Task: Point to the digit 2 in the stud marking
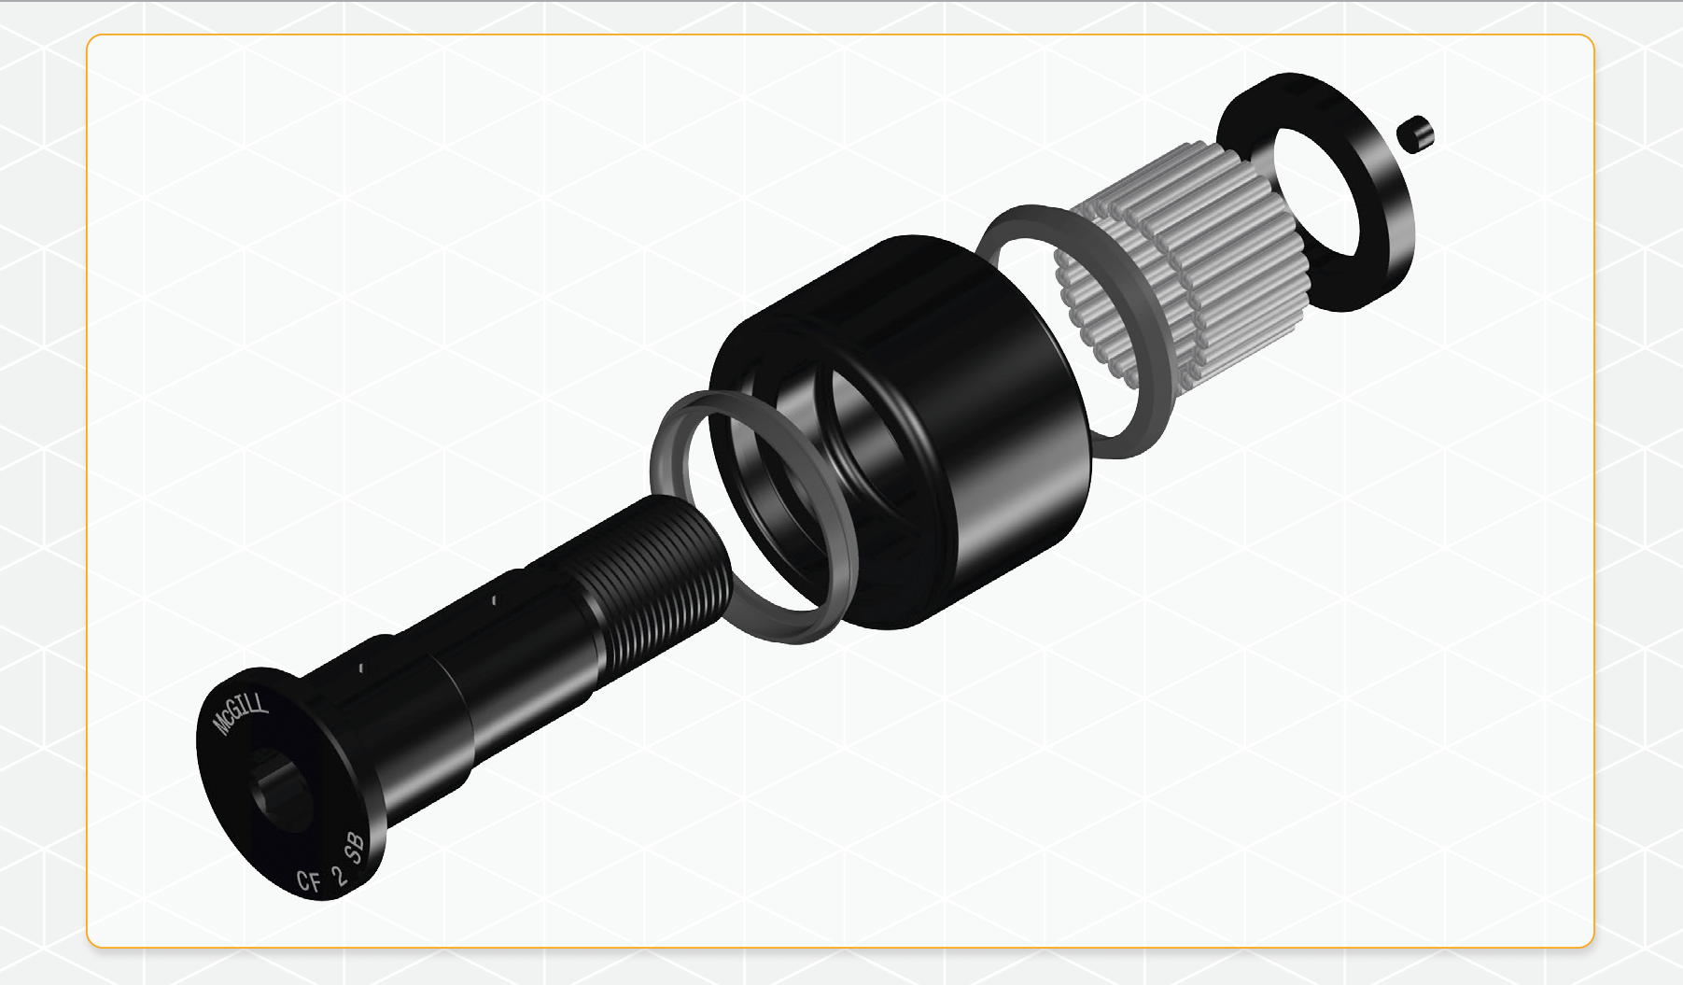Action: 338,874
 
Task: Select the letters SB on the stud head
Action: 356,848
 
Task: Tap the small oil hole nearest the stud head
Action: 361,668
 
